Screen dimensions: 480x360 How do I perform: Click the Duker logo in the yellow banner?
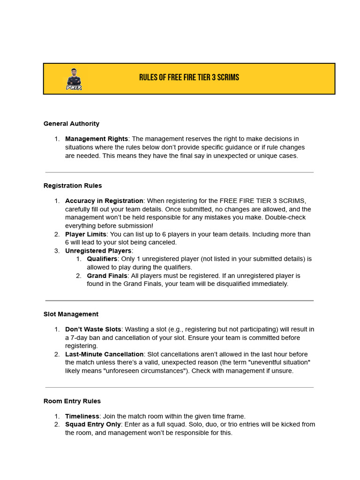coord(74,79)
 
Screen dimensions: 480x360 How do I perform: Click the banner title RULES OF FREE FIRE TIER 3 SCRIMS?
coord(189,77)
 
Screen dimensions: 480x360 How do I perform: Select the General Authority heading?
coord(71,124)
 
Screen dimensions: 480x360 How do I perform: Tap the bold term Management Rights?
coord(96,139)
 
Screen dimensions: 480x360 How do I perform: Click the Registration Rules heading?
coord(73,186)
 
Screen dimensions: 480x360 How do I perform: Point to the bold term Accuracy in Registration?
coord(104,201)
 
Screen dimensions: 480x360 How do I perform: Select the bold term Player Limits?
coord(86,234)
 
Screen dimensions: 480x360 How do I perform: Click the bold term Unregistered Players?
coord(98,251)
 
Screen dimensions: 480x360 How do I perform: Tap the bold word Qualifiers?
coord(102,259)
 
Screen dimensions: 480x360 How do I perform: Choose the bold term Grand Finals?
coord(107,276)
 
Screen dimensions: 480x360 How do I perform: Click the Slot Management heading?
coord(71,314)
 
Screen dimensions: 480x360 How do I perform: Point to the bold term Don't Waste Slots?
coord(93,329)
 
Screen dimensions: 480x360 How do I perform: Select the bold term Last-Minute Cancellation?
coord(104,354)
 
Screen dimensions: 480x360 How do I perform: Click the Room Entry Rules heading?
coord(72,401)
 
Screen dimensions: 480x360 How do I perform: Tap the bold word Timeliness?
coord(82,416)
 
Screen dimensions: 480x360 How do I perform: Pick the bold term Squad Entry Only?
coord(93,424)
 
